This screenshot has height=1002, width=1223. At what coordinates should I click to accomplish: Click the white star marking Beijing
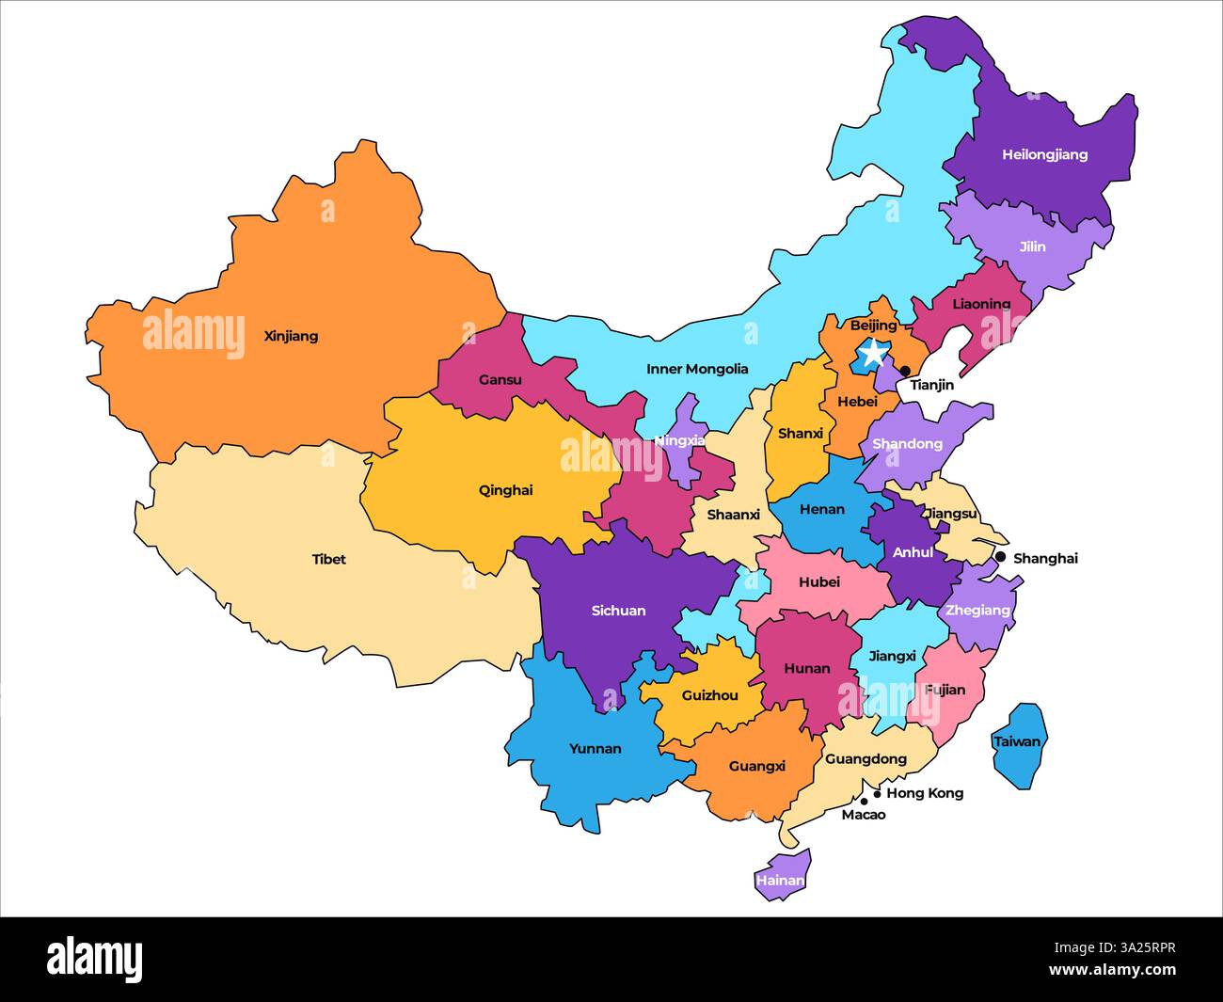point(873,354)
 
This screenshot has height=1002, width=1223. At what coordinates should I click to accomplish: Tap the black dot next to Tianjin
point(905,371)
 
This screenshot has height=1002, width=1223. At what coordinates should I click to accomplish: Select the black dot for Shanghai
point(1000,557)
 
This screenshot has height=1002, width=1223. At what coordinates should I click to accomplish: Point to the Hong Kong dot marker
point(877,793)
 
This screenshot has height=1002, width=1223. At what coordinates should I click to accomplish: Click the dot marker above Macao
point(864,802)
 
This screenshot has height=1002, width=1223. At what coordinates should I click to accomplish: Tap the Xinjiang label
point(291,336)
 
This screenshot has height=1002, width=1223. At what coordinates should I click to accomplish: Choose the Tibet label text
point(328,559)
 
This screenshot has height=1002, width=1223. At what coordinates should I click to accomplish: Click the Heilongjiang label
point(1044,154)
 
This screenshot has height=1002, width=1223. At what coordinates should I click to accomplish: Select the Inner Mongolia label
point(697,369)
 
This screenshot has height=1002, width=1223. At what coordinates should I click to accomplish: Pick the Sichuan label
point(618,611)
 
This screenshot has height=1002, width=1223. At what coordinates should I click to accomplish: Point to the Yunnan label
point(595,749)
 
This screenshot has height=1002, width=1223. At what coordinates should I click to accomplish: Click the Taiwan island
point(1018,743)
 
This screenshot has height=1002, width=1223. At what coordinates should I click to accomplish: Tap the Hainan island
point(782,878)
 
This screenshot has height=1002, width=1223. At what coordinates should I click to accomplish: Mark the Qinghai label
point(505,489)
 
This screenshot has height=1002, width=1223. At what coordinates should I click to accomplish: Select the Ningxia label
point(679,440)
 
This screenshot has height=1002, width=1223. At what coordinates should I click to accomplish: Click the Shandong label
point(907,443)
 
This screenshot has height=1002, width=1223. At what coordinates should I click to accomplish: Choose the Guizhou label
point(709,695)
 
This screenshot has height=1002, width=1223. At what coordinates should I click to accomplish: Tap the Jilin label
point(1032,247)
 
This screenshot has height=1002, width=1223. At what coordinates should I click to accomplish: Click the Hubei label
point(818,581)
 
